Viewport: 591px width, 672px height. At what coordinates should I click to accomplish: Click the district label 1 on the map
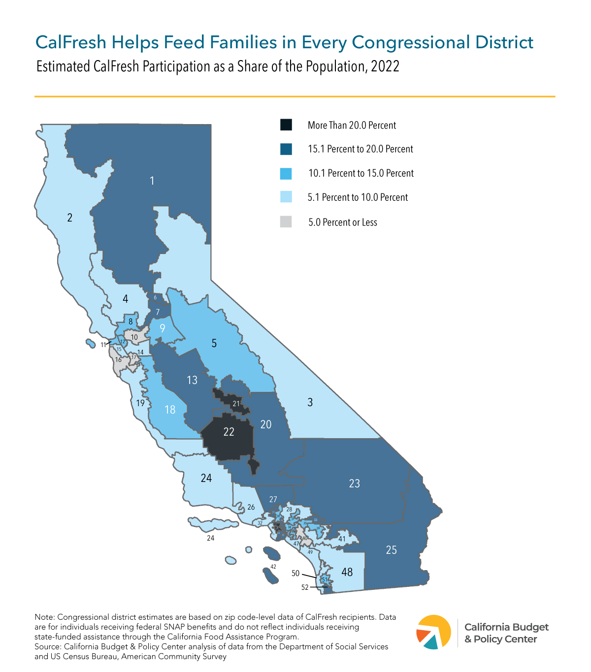pyautogui.click(x=152, y=181)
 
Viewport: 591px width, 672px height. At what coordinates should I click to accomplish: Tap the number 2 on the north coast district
pyautogui.click(x=70, y=218)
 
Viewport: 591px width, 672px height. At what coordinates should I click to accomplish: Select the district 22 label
pyautogui.click(x=229, y=432)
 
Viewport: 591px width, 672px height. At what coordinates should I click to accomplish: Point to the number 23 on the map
pyautogui.click(x=355, y=483)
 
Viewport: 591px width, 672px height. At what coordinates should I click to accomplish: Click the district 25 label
pyautogui.click(x=391, y=550)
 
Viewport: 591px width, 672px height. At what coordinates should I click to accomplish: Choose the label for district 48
pyautogui.click(x=347, y=572)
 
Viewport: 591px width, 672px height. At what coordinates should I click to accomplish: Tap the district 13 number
pyautogui.click(x=192, y=380)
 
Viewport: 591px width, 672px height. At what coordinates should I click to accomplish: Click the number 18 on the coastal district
pyautogui.click(x=170, y=410)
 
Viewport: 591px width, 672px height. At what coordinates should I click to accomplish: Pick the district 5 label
pyautogui.click(x=214, y=343)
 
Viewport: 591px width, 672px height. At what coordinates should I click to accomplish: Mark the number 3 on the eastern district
pyautogui.click(x=310, y=402)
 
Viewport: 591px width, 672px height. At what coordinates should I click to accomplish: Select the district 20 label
pyautogui.click(x=266, y=424)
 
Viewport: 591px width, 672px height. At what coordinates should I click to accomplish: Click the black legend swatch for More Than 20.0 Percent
pyautogui.click(x=286, y=125)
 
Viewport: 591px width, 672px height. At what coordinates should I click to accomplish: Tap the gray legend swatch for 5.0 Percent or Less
pyautogui.click(x=286, y=222)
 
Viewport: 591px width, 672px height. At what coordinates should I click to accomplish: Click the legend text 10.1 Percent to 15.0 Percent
pyautogui.click(x=361, y=173)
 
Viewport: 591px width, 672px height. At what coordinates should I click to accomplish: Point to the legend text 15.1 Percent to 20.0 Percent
pyautogui.click(x=361, y=149)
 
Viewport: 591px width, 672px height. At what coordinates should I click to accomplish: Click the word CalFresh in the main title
pyautogui.click(x=71, y=42)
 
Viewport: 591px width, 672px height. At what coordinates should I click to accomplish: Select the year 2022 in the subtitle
pyautogui.click(x=385, y=66)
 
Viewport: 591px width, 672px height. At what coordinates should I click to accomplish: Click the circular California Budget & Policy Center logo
pyautogui.click(x=434, y=632)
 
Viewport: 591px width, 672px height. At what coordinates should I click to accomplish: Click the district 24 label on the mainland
pyautogui.click(x=206, y=478)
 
